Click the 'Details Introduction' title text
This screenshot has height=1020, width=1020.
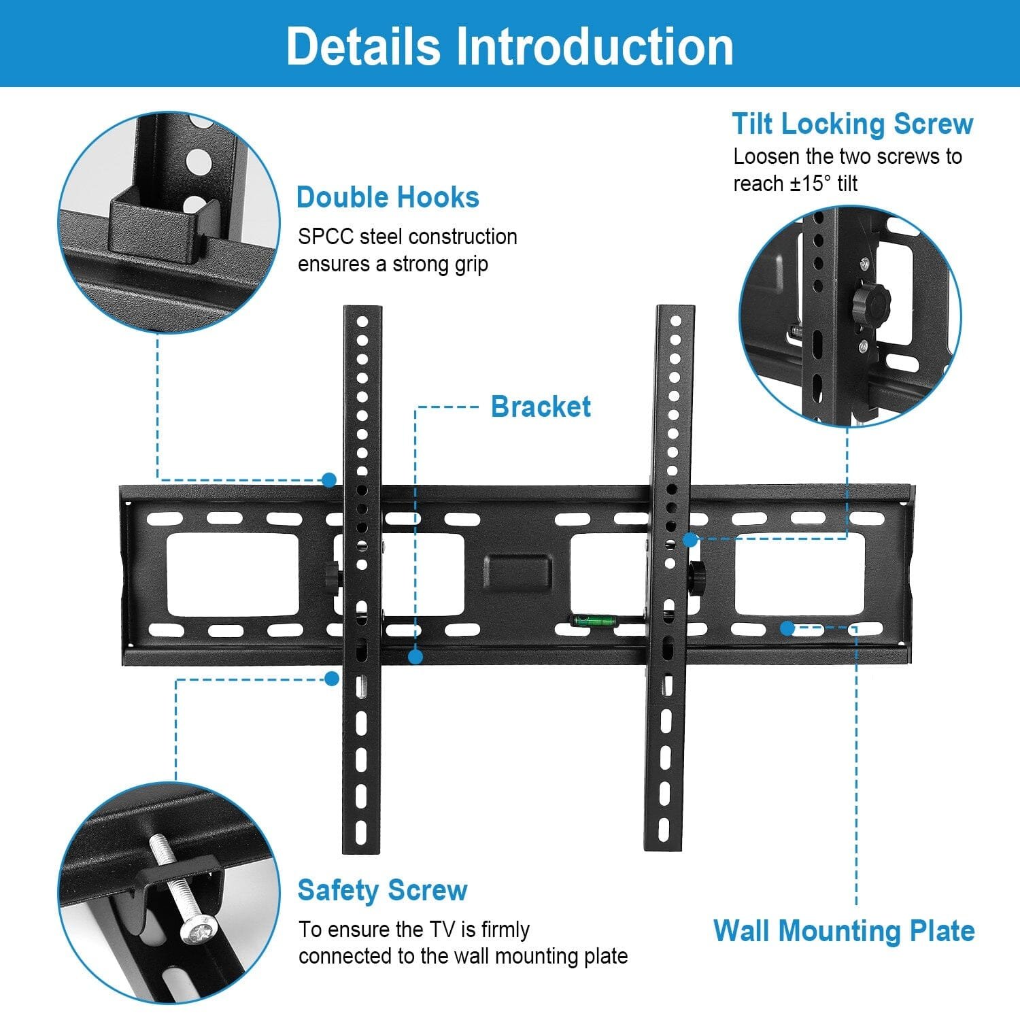(509, 46)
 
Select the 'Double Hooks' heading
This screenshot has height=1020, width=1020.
(388, 197)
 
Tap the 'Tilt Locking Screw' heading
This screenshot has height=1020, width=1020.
(852, 124)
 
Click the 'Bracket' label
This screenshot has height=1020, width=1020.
(541, 407)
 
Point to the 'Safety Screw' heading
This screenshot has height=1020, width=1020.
(382, 890)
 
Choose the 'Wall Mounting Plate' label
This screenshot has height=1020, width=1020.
(844, 930)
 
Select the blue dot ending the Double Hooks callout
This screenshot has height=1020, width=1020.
(330, 480)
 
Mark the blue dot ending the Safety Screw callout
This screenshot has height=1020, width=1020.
(332, 679)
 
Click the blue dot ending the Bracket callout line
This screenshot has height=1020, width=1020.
(415, 657)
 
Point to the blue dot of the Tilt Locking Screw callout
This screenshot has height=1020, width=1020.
(690, 540)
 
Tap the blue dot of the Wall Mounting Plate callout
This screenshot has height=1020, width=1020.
(787, 628)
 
